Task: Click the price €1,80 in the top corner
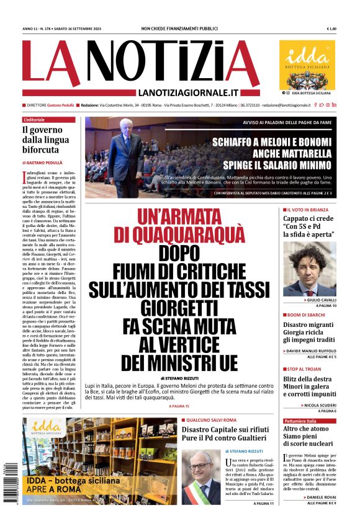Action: pyautogui.click(x=331, y=29)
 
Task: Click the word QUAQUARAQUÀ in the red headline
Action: pyautogui.click(x=181, y=234)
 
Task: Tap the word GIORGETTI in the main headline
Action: pyautogui.click(x=178, y=308)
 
